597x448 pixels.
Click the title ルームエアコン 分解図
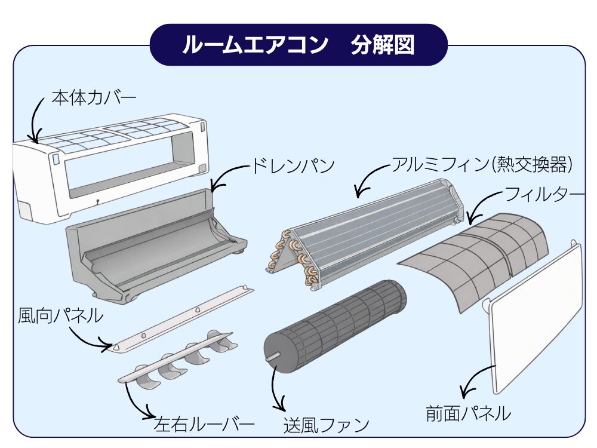pyautogui.click(x=298, y=45)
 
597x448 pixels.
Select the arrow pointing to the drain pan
pyautogui.click(x=227, y=176)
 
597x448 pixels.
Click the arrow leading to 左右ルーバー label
pyautogui.click(x=134, y=406)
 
